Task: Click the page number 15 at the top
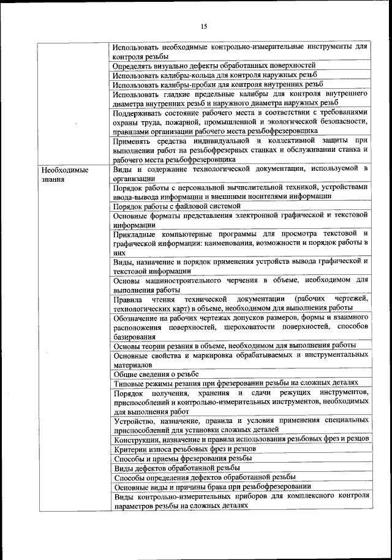tap(204, 26)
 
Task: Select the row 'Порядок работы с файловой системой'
tap(177, 206)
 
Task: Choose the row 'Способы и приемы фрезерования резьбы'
tap(182, 458)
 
